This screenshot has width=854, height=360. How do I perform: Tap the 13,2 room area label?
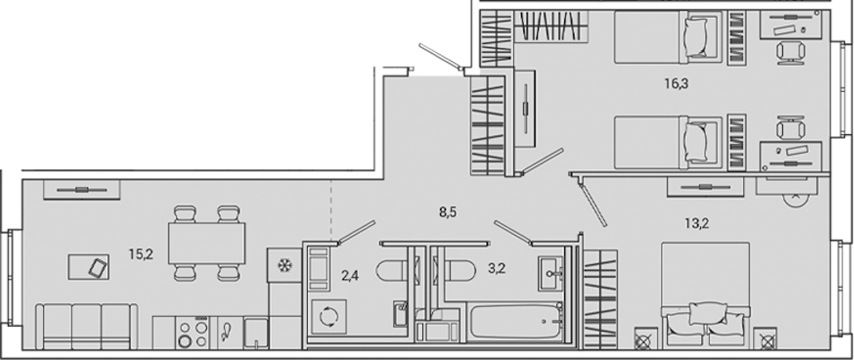pyautogui.click(x=697, y=223)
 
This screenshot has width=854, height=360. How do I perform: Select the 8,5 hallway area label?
pyautogui.click(x=447, y=211)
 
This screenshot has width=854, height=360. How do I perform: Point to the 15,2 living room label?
pyautogui.click(x=141, y=254)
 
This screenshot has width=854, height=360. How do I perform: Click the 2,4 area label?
pyautogui.click(x=350, y=275)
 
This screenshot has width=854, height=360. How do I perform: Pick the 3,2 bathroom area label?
pyautogui.click(x=497, y=268)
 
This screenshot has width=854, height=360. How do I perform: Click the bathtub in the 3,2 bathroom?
pyautogui.click(x=516, y=321)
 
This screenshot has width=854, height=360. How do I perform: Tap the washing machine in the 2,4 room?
pyautogui.click(x=329, y=316)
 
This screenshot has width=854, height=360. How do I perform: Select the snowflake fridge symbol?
pyautogui.click(x=283, y=265)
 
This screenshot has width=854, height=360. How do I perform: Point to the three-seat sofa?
pyautogui.click(x=86, y=327)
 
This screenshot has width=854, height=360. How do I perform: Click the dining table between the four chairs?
pyautogui.click(x=206, y=243)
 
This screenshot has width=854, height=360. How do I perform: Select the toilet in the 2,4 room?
pyautogui.click(x=391, y=270)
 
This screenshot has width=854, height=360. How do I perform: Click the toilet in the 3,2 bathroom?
pyautogui.click(x=459, y=270)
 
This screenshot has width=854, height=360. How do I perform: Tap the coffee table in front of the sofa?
pyautogui.click(x=88, y=267)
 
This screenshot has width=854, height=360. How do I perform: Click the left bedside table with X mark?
pyautogui.click(x=643, y=341)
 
